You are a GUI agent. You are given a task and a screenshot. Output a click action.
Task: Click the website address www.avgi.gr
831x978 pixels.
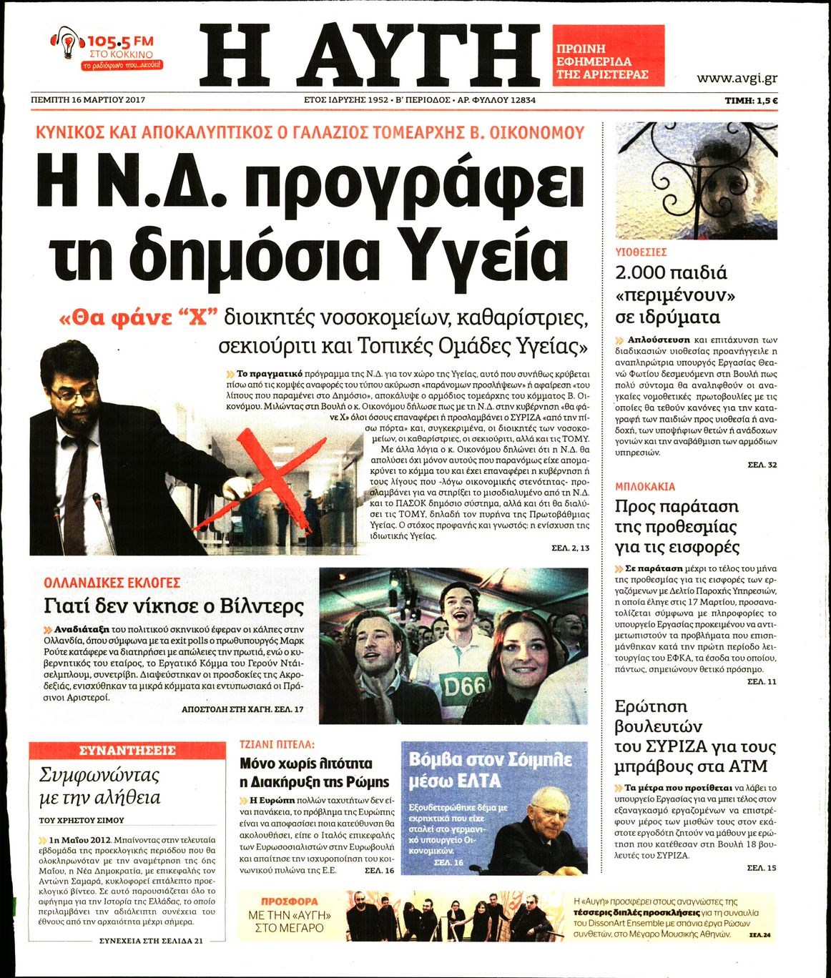pyautogui.click(x=737, y=78)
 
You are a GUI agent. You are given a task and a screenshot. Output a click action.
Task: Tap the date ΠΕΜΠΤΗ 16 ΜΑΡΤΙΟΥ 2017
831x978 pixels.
pyautogui.click(x=89, y=100)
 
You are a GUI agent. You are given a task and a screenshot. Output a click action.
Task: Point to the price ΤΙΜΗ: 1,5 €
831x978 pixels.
pyautogui.click(x=751, y=101)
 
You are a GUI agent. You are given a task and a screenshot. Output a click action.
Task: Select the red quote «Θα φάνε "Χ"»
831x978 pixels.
pyautogui.click(x=138, y=317)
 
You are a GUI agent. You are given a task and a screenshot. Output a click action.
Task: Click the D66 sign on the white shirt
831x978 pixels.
pyautogui.click(x=464, y=686)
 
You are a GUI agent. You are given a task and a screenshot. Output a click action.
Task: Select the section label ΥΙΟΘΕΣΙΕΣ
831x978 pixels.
pyautogui.click(x=641, y=252)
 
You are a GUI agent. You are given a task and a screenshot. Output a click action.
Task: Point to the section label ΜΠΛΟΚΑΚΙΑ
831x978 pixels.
pyautogui.click(x=645, y=486)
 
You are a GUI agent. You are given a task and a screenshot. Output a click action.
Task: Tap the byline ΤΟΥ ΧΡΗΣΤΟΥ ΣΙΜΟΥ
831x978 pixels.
pyautogui.click(x=82, y=820)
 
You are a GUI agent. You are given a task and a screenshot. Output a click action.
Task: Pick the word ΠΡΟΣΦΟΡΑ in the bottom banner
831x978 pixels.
pyautogui.click(x=290, y=902)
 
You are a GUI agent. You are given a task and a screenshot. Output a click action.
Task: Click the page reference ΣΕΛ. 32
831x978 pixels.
pyautogui.click(x=762, y=465)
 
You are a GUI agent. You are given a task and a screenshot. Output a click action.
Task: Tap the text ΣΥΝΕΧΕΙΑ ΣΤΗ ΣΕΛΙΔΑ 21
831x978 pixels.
pyautogui.click(x=151, y=941)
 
